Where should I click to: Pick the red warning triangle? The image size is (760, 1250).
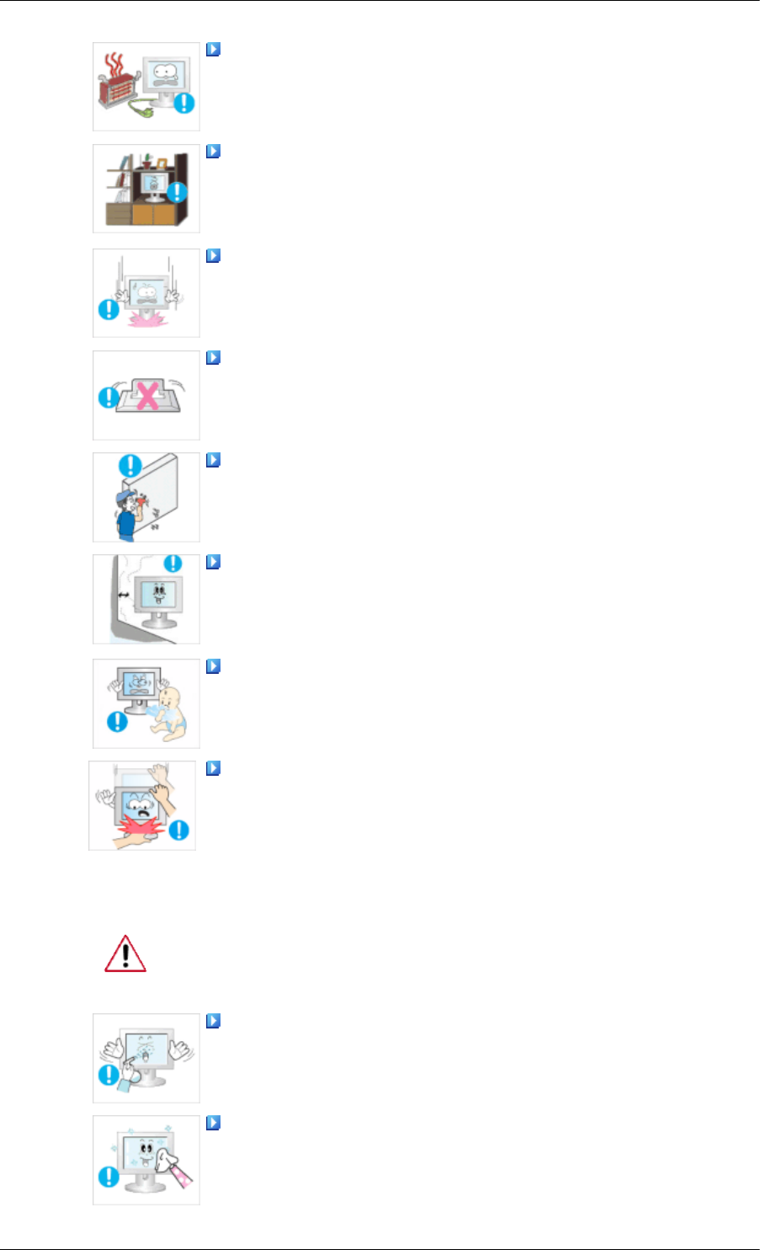point(125,954)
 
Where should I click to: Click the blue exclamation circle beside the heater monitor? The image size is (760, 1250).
point(184,104)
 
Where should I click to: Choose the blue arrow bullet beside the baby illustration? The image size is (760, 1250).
point(213,666)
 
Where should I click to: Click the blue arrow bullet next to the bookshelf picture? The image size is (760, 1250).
point(213,152)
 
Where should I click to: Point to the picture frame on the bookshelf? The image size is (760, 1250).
point(162,162)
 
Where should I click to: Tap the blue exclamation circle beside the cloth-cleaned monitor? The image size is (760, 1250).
point(109,1175)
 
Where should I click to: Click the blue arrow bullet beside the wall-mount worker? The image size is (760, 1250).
point(213,460)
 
